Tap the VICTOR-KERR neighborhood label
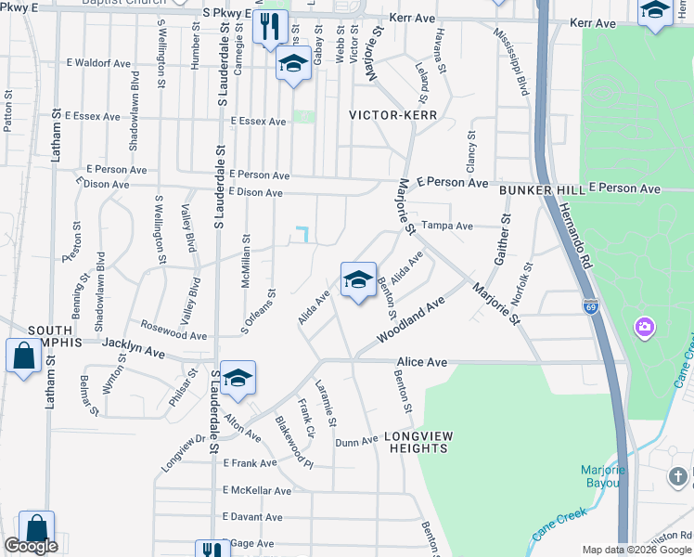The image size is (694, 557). (392, 115)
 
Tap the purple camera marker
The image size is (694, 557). (644, 327)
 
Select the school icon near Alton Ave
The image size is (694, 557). (238, 378)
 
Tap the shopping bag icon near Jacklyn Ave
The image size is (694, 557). (22, 356)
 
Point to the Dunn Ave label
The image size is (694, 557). (356, 442)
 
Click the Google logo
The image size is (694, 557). (30, 546)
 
